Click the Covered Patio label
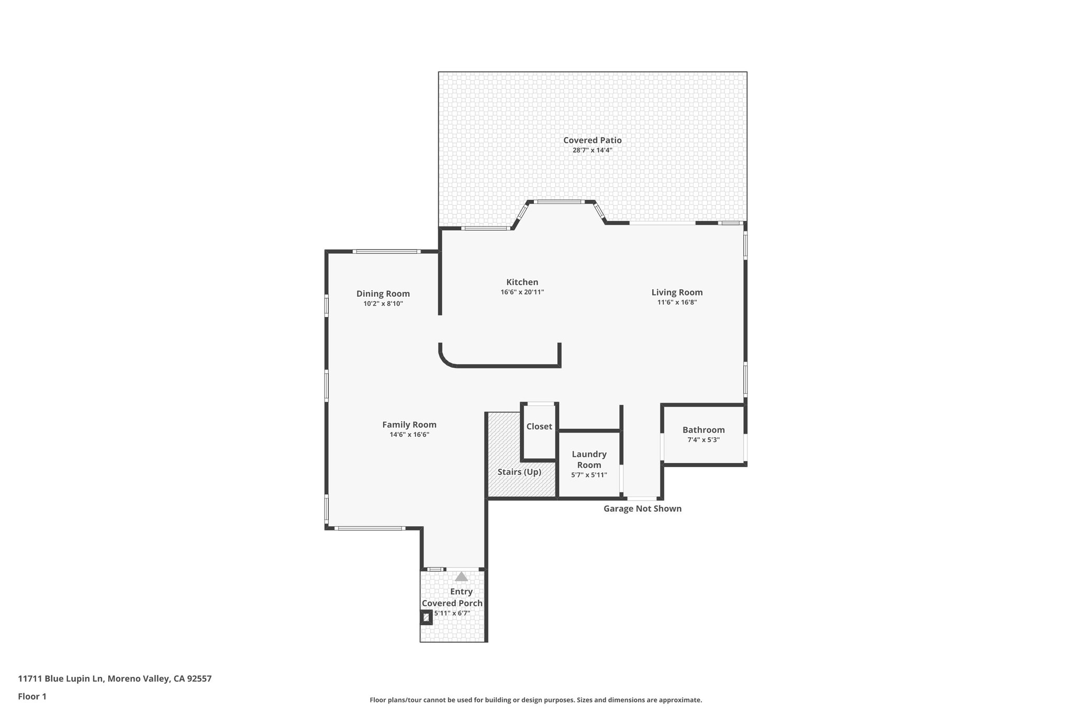coord(592,140)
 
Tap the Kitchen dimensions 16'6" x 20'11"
coord(522,292)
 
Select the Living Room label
coord(677,292)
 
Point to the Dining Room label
coord(383,294)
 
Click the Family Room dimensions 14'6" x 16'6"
coord(409,435)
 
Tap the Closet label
coord(539,426)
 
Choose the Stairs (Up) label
coord(519,472)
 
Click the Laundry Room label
coord(589,459)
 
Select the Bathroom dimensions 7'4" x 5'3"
coord(703,440)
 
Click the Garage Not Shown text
coord(642,508)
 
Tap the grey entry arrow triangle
coord(461,576)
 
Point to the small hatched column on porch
coord(426,618)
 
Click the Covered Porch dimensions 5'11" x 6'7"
coord(452,613)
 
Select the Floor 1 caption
coord(32,696)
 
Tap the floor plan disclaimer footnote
coord(535,700)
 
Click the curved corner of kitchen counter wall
coord(446,360)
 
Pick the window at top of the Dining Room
coord(386,252)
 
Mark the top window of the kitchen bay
coord(559,202)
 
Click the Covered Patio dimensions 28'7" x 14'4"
coord(592,150)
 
